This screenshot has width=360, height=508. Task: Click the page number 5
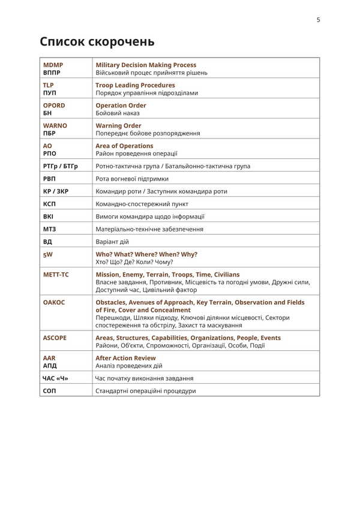tap(318, 20)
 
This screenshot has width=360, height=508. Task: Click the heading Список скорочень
tap(97, 42)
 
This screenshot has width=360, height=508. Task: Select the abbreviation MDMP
tap(53, 65)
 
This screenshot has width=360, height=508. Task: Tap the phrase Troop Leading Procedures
tap(135, 85)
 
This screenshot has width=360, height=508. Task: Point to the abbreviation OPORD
tap(54, 106)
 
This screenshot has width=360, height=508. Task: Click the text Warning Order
tap(118, 126)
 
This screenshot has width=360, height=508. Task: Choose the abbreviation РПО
tap(50, 154)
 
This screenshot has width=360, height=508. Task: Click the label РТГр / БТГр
tap(61, 166)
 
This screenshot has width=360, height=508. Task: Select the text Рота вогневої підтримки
tap(132, 179)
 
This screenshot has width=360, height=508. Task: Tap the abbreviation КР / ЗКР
tap(58, 191)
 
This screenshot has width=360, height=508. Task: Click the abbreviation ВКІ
tap(49, 217)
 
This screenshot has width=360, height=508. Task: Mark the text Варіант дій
tap(112, 242)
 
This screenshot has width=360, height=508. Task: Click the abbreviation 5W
tap(48, 254)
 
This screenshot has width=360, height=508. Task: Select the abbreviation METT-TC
tap(56, 275)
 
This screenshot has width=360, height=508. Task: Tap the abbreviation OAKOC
tap(54, 302)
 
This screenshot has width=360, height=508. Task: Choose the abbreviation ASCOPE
tap(55, 338)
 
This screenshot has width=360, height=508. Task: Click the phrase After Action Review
tap(125, 358)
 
